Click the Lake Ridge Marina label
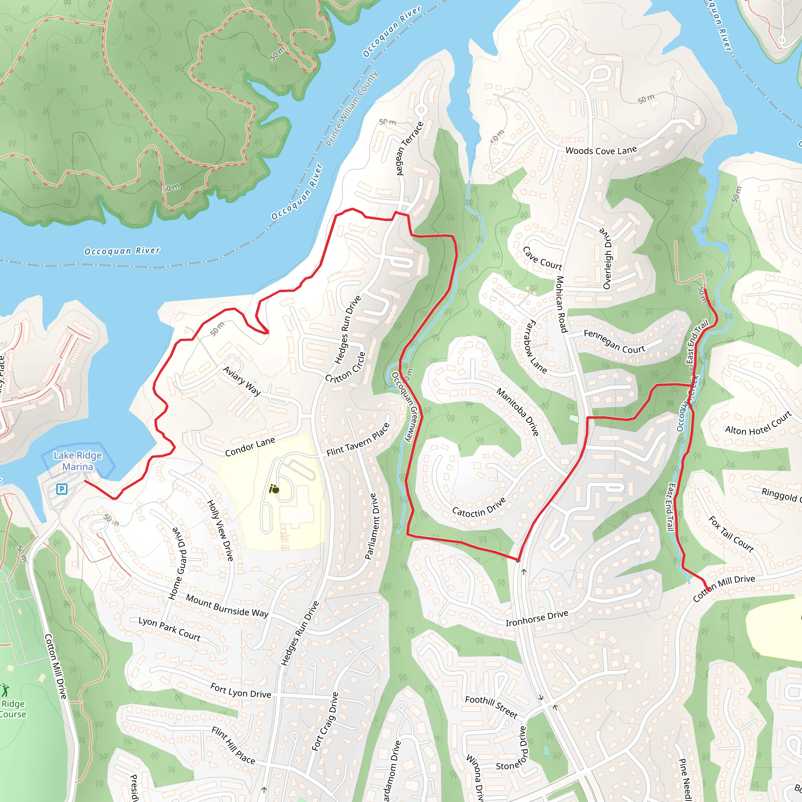point(78,461)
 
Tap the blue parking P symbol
point(61,489)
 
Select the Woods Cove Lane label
point(601,151)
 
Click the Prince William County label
point(352,108)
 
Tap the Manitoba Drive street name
point(518,412)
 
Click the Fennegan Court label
point(614,341)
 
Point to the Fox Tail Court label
point(731,534)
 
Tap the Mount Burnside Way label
point(227,606)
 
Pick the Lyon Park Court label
point(169,629)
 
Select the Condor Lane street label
point(250,447)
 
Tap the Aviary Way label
point(242,381)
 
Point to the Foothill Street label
point(491,706)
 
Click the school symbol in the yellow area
point(274,489)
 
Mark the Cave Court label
point(542,258)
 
